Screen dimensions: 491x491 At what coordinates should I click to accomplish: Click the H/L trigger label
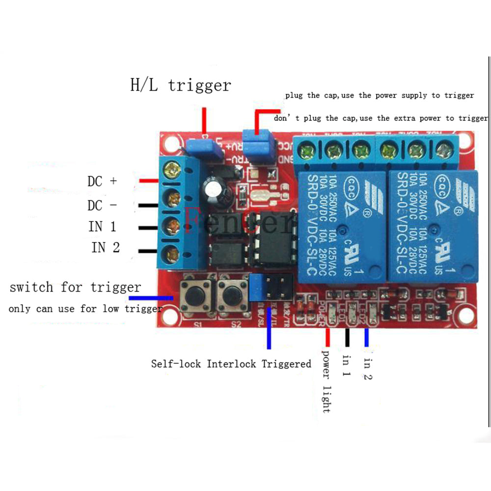point(180,85)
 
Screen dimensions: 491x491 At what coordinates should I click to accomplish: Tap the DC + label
point(102,181)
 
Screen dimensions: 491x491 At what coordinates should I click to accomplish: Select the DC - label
point(102,205)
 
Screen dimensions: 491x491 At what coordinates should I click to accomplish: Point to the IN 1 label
point(102,227)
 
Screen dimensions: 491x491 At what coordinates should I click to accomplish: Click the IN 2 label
point(105,247)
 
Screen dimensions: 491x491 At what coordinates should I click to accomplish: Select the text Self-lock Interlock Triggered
point(231,364)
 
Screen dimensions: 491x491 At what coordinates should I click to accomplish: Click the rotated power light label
point(326,381)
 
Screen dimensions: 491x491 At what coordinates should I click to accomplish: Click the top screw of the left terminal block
point(173,170)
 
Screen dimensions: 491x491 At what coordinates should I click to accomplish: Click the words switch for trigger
point(75,287)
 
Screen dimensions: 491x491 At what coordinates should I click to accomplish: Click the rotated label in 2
point(368,370)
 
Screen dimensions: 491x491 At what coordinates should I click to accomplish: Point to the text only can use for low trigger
point(85,309)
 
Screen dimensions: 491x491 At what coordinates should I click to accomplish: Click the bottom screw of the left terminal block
point(172,253)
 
